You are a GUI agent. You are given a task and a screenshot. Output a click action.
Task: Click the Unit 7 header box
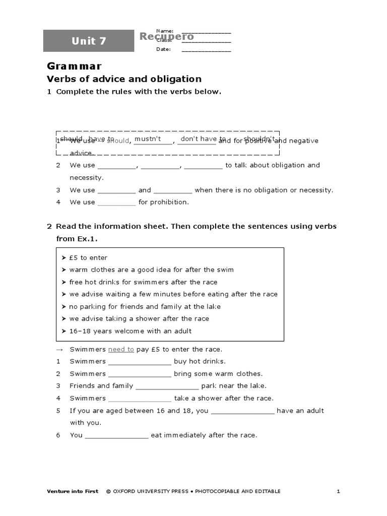pos(89,41)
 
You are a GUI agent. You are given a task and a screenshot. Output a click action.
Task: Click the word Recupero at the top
pos(166,36)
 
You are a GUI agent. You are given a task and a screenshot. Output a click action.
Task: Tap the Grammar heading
pos(74,66)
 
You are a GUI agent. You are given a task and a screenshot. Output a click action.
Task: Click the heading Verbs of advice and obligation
pos(124,79)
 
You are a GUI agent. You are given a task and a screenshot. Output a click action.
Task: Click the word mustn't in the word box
pos(148,139)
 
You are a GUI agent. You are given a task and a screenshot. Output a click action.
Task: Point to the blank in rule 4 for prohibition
pos(116,203)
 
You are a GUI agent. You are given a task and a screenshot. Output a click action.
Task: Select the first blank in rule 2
pos(116,166)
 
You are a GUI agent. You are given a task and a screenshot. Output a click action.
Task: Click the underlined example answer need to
pos(121,349)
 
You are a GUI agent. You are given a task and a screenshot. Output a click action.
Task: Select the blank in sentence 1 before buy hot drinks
pos(140,362)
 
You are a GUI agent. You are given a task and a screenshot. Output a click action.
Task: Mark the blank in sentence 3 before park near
pos(167,386)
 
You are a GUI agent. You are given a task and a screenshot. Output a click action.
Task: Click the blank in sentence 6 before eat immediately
pos(117,436)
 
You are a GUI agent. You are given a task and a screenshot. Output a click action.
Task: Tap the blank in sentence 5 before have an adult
pos(242,411)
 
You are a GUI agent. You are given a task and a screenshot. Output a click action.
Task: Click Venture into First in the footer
pos(73,491)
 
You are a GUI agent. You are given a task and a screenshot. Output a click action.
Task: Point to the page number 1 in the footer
pos(339,491)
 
